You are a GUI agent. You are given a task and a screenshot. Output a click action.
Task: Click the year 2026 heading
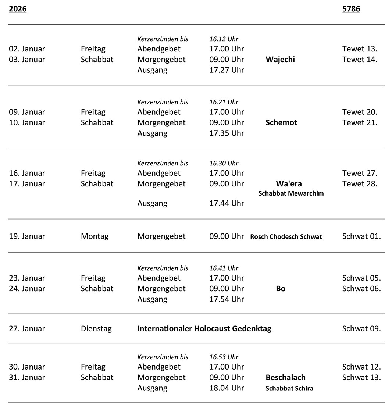coord(18,9)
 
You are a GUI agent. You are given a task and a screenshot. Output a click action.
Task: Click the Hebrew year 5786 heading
coord(351,9)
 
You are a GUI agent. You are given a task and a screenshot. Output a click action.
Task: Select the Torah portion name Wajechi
coord(280,60)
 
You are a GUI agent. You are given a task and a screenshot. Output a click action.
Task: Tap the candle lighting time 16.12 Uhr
coord(224,39)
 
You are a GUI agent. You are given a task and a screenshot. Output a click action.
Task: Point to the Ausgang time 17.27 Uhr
coord(227,70)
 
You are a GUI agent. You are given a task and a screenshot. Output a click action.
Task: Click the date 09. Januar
coord(27,112)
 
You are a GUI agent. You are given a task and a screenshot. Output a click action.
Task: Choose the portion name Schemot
coord(281,123)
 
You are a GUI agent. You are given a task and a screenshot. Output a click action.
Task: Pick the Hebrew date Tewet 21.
coord(359,122)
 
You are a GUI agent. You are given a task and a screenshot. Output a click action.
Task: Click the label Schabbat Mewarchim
coord(291,193)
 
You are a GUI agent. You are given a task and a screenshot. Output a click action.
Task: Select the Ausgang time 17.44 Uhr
coord(227,203)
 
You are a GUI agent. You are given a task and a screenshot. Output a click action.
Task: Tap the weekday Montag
coord(95,236)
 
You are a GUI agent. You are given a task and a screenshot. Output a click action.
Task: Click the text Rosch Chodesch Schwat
coord(286,237)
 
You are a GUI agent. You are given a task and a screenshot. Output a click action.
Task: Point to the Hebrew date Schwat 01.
coord(361,236)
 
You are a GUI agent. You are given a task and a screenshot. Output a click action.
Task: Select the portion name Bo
coord(281,289)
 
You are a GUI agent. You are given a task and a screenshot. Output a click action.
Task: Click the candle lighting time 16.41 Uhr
coord(224,268)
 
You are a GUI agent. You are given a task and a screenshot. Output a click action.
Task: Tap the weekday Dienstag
coord(96,329)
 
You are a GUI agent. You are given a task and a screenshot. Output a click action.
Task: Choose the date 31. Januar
coord(27,377)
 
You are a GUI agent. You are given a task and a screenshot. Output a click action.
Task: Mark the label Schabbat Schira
coord(289,388)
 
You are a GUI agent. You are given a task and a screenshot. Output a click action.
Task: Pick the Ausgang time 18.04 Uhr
coord(227,388)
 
